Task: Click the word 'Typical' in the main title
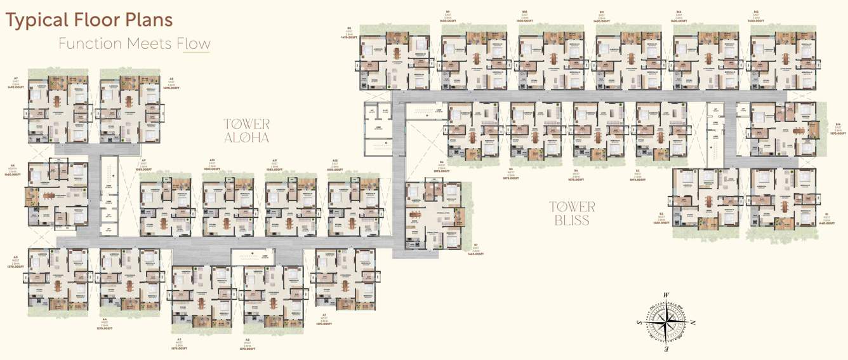[x=34, y=20]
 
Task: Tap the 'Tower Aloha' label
[x=246, y=130]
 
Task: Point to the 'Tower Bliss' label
[x=572, y=213]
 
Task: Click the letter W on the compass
[x=666, y=295]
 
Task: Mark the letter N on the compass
[x=693, y=323]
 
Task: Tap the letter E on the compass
[x=666, y=350]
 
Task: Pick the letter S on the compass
[x=639, y=323]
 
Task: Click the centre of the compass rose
[x=666, y=323]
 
